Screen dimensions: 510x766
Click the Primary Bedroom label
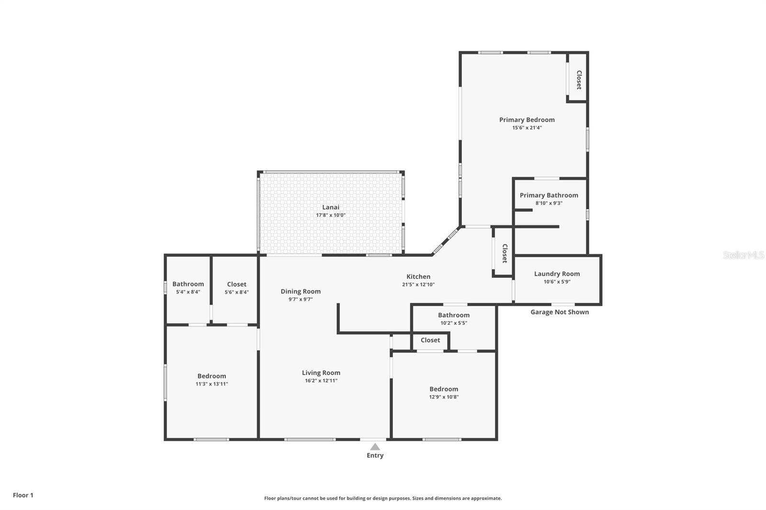click(x=527, y=120)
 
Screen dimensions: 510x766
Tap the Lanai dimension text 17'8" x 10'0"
click(x=330, y=215)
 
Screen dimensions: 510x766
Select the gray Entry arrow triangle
click(x=375, y=447)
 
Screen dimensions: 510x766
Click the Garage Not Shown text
click(x=559, y=312)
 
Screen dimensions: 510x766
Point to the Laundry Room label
click(x=557, y=274)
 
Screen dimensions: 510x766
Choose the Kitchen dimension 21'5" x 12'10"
click(x=418, y=285)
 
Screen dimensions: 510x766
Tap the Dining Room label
click(x=301, y=291)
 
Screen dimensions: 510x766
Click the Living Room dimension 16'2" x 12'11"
click(x=321, y=381)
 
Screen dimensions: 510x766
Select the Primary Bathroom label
click(x=549, y=195)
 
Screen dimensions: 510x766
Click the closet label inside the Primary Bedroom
click(x=578, y=79)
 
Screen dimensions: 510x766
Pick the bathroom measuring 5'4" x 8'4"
click(x=188, y=288)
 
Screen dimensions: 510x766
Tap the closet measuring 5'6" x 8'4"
click(x=237, y=288)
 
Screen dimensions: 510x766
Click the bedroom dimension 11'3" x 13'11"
click(x=212, y=384)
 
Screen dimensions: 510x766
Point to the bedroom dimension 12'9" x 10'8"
click(x=444, y=397)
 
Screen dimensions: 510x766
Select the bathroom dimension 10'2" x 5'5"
click(x=453, y=323)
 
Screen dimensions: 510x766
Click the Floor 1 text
click(x=23, y=495)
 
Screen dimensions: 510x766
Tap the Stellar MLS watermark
click(x=743, y=255)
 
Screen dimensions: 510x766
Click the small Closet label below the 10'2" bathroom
click(x=430, y=340)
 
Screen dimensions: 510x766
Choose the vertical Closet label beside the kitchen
click(x=504, y=253)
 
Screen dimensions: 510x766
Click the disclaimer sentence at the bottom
click(x=383, y=498)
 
